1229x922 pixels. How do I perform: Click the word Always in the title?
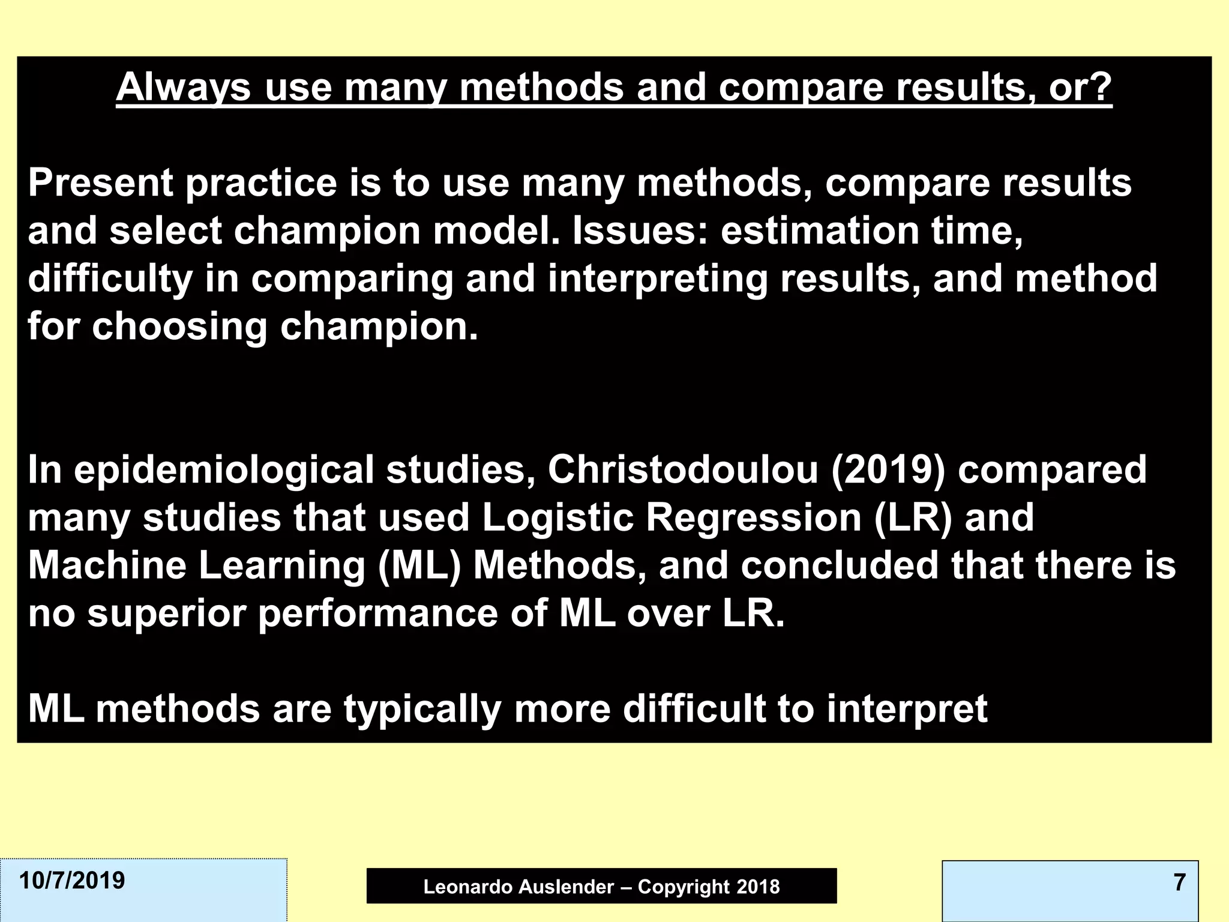pos(183,88)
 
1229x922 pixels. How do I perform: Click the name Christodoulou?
pos(683,469)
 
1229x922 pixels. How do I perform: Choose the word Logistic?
pos(557,517)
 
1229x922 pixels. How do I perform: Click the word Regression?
pos(754,517)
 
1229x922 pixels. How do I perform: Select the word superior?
pos(167,613)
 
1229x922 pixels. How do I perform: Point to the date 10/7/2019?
pos(72,881)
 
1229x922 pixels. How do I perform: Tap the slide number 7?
pos(1179,882)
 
